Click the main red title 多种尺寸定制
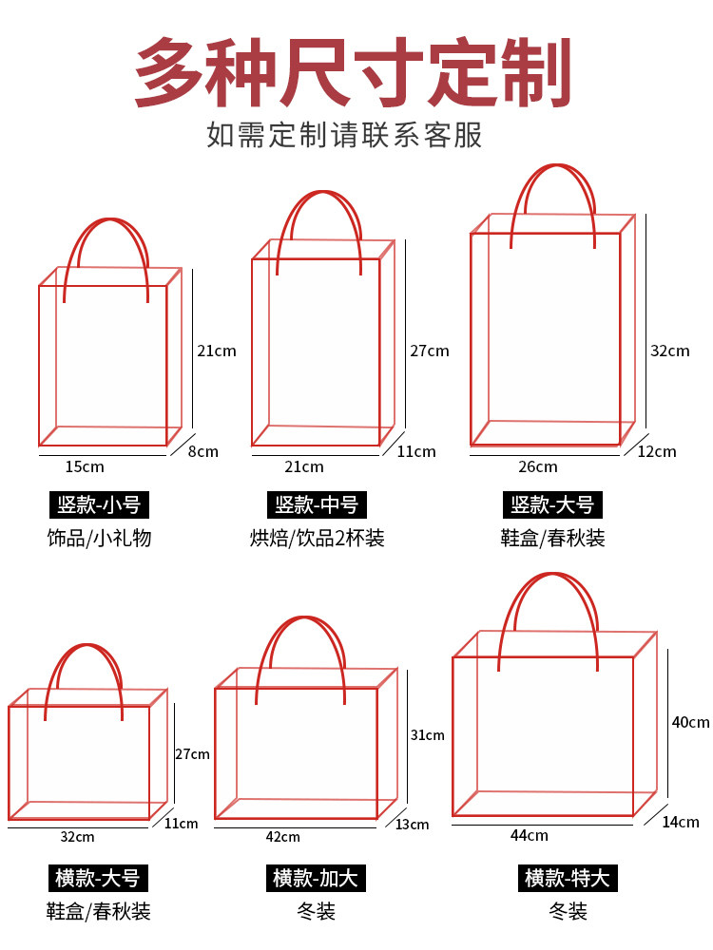pyautogui.click(x=353, y=72)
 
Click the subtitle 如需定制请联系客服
pyautogui.click(x=344, y=135)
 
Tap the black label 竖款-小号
pyautogui.click(x=99, y=504)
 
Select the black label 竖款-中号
pyautogui.click(x=317, y=504)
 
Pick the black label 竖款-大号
pyautogui.click(x=552, y=504)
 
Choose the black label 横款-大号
pyautogui.click(x=98, y=878)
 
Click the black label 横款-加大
pyautogui.click(x=316, y=878)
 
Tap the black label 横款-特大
pyautogui.click(x=568, y=878)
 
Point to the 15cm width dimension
pyautogui.click(x=85, y=467)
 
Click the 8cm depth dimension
pyautogui.click(x=203, y=451)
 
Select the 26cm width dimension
pyautogui.click(x=538, y=467)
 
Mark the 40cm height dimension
pyautogui.click(x=690, y=722)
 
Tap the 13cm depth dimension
pyautogui.click(x=413, y=825)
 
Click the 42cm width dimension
pyautogui.click(x=283, y=837)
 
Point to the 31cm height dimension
pyautogui.click(x=428, y=735)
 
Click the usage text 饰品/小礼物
pyautogui.click(x=100, y=538)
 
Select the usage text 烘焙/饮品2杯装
pyautogui.click(x=318, y=538)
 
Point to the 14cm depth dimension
pyautogui.click(x=681, y=822)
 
